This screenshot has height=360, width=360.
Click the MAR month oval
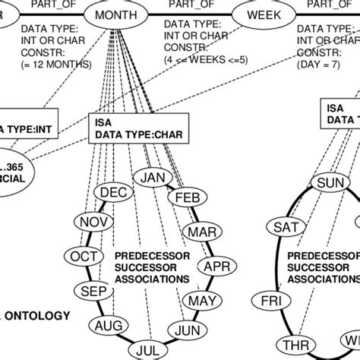pyautogui.click(x=201, y=231)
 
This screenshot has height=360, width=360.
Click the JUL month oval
pyautogui.click(x=150, y=349)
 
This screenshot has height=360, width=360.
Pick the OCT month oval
pyautogui.click(x=82, y=257)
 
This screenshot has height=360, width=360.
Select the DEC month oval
pyautogui.click(x=114, y=192)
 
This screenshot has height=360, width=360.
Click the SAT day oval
pyautogui.click(x=287, y=226)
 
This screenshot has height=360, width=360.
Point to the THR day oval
pyautogui.click(x=290, y=343)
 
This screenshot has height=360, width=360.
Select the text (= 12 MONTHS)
pyautogui.click(x=58, y=64)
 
